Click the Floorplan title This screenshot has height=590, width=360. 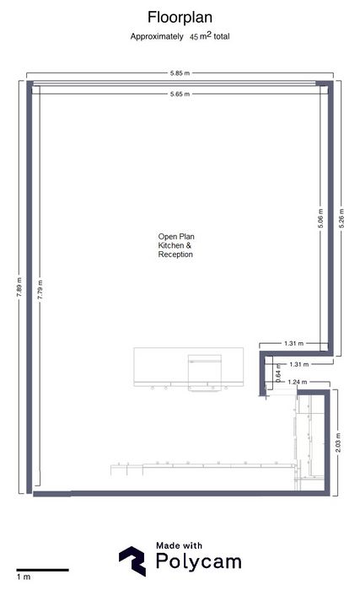180,18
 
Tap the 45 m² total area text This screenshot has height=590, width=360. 210,36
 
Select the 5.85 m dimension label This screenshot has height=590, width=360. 180,73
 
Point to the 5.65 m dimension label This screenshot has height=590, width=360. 180,94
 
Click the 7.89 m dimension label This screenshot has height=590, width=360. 19,287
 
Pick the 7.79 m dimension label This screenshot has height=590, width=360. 40,290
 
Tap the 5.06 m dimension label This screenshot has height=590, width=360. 320,218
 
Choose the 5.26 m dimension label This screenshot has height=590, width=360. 341,218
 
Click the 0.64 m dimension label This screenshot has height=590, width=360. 278,373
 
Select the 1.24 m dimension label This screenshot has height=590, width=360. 297,382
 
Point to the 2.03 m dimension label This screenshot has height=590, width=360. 338,442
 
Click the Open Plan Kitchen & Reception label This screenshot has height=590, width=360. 176,245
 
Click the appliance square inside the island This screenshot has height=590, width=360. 205,373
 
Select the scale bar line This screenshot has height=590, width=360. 42,570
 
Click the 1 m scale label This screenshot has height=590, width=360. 24,577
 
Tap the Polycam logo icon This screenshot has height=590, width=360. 132,561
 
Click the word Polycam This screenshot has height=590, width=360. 198,562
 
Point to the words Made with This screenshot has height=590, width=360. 180,545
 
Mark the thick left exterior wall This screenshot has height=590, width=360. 29,287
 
